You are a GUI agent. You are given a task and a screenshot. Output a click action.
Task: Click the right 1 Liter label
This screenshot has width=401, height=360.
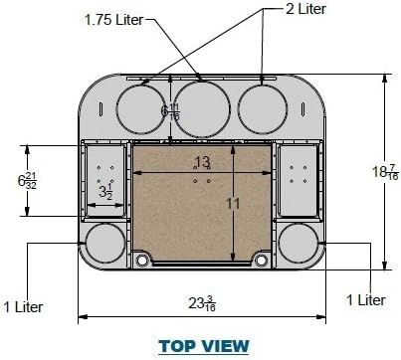[x=365, y=299]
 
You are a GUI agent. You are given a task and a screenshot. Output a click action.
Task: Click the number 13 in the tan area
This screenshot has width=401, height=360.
[x=201, y=162]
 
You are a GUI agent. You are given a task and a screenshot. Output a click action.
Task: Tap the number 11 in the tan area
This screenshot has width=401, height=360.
[x=234, y=204]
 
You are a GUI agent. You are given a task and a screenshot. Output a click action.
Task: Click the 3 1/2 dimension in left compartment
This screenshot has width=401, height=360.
[x=103, y=188]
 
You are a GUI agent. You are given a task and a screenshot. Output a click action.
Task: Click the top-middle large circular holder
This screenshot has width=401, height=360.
[x=202, y=104]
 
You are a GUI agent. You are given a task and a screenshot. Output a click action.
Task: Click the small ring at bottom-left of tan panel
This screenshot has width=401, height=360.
[x=141, y=260]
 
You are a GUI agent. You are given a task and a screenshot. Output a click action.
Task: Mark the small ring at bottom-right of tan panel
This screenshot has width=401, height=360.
[x=262, y=260]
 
